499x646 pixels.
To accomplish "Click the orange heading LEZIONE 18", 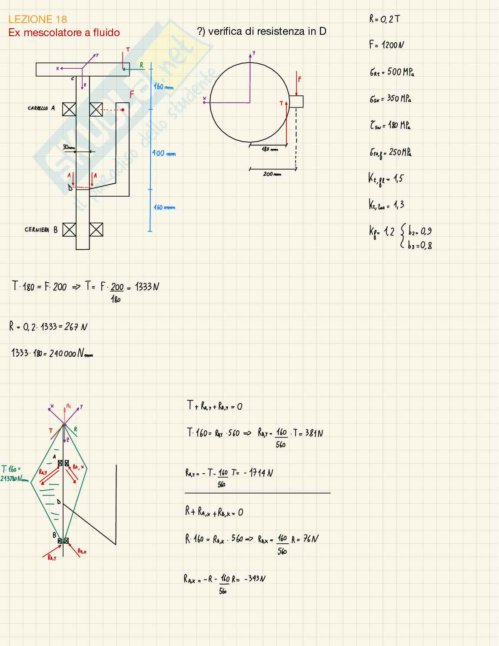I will [x=38, y=19].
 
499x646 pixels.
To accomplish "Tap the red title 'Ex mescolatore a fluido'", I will [x=64, y=33].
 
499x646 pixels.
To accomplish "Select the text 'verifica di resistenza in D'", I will [x=267, y=31].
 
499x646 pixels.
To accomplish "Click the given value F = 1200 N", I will [x=387, y=45].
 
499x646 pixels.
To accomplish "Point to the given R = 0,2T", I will [x=385, y=19].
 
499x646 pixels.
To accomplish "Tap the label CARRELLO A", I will [x=41, y=108].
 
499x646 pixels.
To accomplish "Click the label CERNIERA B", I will [x=41, y=230].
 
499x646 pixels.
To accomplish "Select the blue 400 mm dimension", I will [x=164, y=153].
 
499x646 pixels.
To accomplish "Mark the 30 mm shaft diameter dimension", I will [x=69, y=147].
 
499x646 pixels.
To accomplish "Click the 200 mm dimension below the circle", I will [x=272, y=174].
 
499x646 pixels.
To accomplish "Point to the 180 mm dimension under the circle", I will [x=269, y=150].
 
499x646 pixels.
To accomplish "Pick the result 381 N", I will [x=314, y=433].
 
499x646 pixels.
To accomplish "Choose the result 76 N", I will [x=311, y=539].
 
